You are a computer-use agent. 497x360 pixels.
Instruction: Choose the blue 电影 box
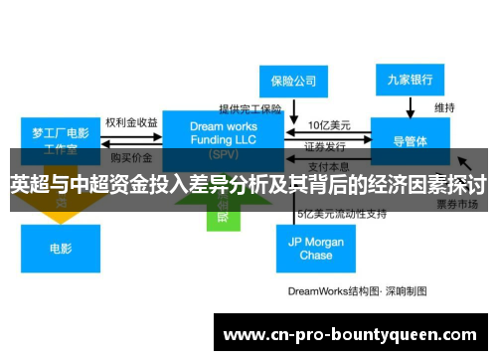pos(61,248)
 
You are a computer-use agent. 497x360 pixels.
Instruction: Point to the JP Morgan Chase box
pos(316,248)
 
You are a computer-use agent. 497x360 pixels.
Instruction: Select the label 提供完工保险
pos(250,108)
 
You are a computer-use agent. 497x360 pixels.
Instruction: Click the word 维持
pos(444,107)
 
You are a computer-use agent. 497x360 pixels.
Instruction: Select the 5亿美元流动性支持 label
pos(340,214)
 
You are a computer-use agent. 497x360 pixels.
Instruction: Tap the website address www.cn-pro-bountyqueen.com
pos(353,334)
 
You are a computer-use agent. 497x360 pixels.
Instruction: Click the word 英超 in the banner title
pos(28,185)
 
